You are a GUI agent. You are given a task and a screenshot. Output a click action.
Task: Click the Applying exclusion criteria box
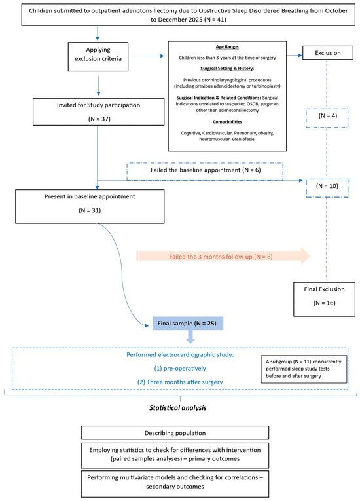(x=98, y=56)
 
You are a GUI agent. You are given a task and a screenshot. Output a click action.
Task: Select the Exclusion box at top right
(x=328, y=53)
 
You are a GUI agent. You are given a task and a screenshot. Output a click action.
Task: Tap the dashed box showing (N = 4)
(x=327, y=119)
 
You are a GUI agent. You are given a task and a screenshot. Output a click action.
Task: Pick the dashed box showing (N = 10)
(x=327, y=188)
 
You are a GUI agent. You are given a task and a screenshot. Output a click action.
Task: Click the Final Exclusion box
(x=324, y=299)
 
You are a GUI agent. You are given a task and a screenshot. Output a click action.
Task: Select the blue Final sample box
(x=188, y=324)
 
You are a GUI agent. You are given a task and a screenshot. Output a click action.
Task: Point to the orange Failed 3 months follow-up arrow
(x=223, y=256)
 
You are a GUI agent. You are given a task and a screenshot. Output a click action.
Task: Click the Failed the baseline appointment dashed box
(x=205, y=172)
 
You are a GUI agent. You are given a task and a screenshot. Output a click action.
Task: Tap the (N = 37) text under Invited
(x=99, y=119)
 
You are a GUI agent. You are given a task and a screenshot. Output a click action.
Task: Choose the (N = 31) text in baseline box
(x=90, y=210)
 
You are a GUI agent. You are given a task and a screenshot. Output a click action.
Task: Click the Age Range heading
(x=227, y=47)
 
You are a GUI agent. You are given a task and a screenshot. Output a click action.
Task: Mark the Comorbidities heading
(x=227, y=122)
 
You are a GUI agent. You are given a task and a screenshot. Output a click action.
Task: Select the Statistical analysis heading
(x=178, y=408)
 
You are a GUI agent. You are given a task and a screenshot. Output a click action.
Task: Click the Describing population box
(x=175, y=433)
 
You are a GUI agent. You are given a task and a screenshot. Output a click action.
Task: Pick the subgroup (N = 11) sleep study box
(x=304, y=369)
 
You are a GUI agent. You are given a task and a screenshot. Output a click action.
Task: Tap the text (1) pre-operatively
(x=180, y=369)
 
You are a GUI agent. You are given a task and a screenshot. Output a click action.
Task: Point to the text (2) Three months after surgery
(x=180, y=382)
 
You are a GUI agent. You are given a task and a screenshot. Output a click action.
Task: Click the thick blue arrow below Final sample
(x=190, y=337)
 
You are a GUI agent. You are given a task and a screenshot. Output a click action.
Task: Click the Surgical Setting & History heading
(x=227, y=68)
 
